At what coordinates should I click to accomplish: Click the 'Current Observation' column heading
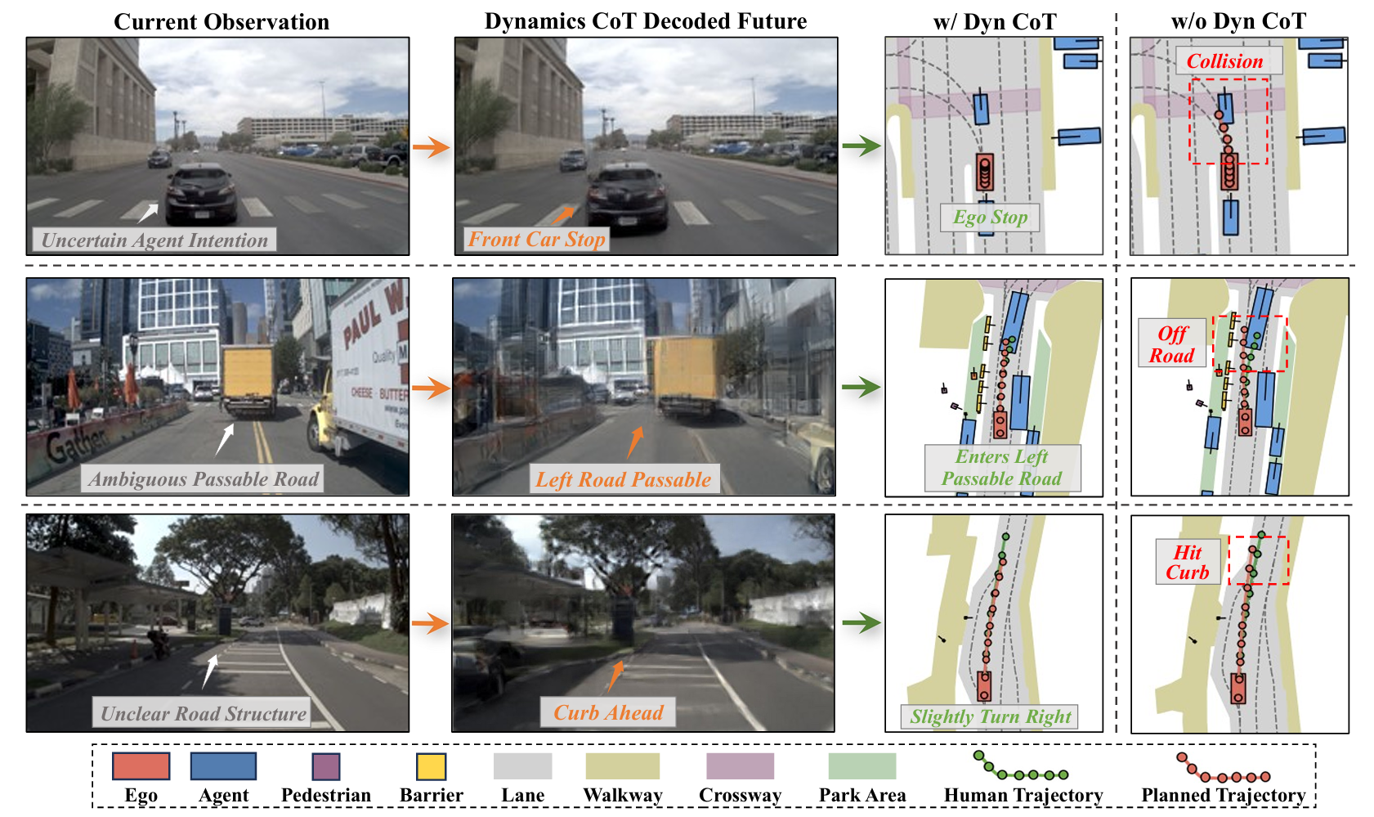tap(222, 22)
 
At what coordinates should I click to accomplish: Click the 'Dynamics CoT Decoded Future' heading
tap(646, 22)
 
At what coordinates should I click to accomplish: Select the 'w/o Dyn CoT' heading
tap(1238, 22)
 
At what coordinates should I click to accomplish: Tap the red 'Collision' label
tap(1224, 61)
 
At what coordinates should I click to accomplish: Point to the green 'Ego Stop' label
tap(990, 218)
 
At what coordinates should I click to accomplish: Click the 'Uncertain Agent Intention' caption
tap(154, 240)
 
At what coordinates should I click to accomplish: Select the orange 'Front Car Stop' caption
tap(536, 240)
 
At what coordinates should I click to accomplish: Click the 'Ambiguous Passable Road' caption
tap(204, 479)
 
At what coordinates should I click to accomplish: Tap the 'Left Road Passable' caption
tap(623, 480)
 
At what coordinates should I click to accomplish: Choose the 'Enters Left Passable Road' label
tap(1002, 468)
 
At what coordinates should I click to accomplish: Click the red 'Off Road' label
tap(1172, 344)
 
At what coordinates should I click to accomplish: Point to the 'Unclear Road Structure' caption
tap(203, 714)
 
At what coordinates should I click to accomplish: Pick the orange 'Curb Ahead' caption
tap(608, 713)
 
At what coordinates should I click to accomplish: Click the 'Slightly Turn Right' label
tap(991, 717)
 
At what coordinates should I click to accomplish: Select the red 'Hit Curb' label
tap(1188, 562)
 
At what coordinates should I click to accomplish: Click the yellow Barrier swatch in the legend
tap(431, 767)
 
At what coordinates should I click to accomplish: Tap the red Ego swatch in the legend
tap(141, 767)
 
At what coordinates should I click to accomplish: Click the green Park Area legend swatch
tap(862, 767)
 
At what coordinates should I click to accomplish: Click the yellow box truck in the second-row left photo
tap(248, 376)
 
